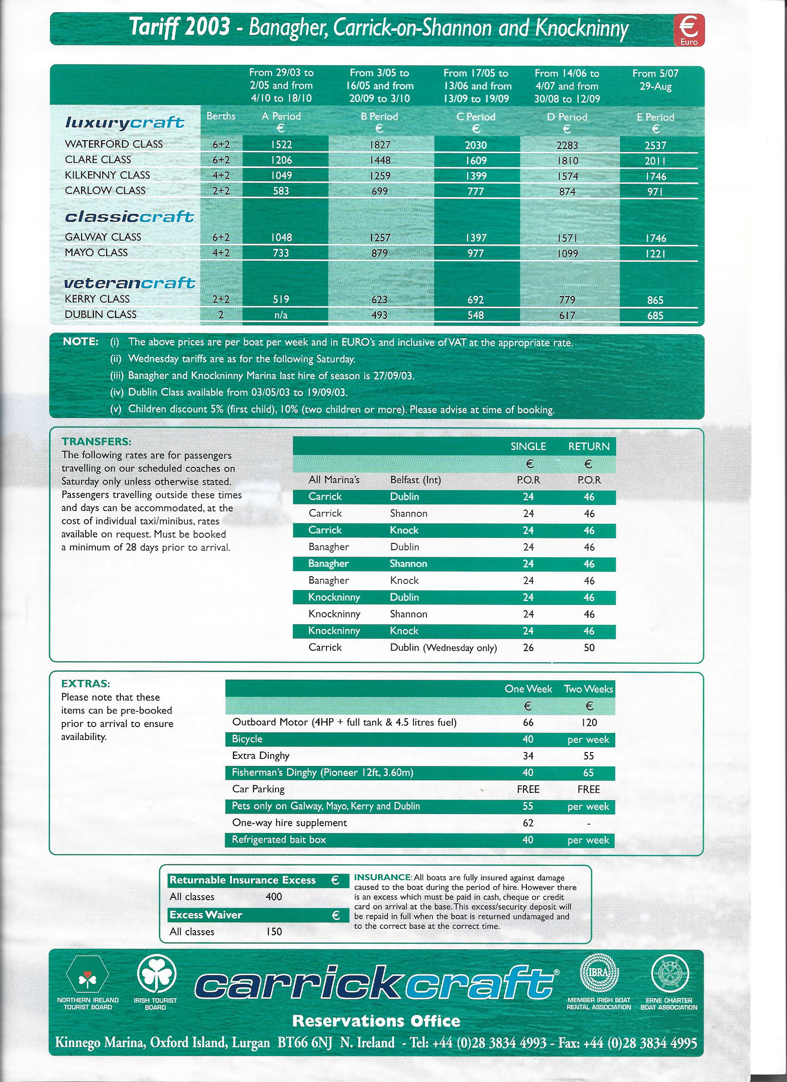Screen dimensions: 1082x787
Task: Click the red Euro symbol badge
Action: point(688,30)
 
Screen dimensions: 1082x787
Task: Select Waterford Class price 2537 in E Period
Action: point(655,145)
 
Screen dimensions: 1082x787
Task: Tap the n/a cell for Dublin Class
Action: point(281,315)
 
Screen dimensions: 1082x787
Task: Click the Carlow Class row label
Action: point(105,190)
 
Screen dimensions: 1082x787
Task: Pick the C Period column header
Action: point(476,117)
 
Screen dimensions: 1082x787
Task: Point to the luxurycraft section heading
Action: point(124,123)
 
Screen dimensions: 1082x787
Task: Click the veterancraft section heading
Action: point(129,283)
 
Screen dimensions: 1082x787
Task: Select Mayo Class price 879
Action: point(380,253)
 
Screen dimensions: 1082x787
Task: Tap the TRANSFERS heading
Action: point(96,442)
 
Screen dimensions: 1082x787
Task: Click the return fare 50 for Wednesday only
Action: point(589,648)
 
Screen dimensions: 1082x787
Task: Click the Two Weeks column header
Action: point(588,689)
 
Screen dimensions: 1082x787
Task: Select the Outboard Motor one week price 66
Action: point(528,722)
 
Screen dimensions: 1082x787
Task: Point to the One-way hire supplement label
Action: point(289,823)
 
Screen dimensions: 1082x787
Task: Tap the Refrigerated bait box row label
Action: point(279,839)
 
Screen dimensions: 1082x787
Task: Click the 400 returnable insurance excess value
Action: point(274,897)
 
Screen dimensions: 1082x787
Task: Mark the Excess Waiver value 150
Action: point(274,931)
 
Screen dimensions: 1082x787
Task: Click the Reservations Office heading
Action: point(376,1021)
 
